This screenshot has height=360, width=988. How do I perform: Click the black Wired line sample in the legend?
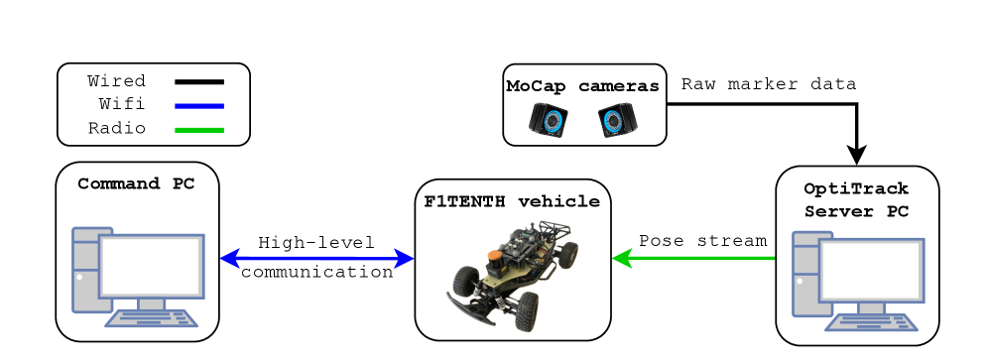[x=199, y=81]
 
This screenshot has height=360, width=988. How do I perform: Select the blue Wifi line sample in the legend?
[x=199, y=105]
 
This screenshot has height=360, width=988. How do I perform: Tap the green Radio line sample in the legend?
[x=199, y=129]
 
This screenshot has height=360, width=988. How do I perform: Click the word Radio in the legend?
[x=117, y=128]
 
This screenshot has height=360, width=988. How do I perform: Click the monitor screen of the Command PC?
[x=151, y=266]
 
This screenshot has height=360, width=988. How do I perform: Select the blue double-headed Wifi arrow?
[x=316, y=259]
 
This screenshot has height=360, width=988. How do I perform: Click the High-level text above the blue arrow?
[x=316, y=242]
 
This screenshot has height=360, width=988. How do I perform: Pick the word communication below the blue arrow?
[x=316, y=273]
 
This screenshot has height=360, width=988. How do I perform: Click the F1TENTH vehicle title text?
[x=512, y=201]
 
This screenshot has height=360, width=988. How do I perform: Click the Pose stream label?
[x=702, y=240]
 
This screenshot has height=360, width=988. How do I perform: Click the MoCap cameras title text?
[x=582, y=86]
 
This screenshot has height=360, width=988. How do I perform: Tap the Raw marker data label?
[x=769, y=84]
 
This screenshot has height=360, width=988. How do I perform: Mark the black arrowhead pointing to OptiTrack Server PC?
[x=856, y=155]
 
